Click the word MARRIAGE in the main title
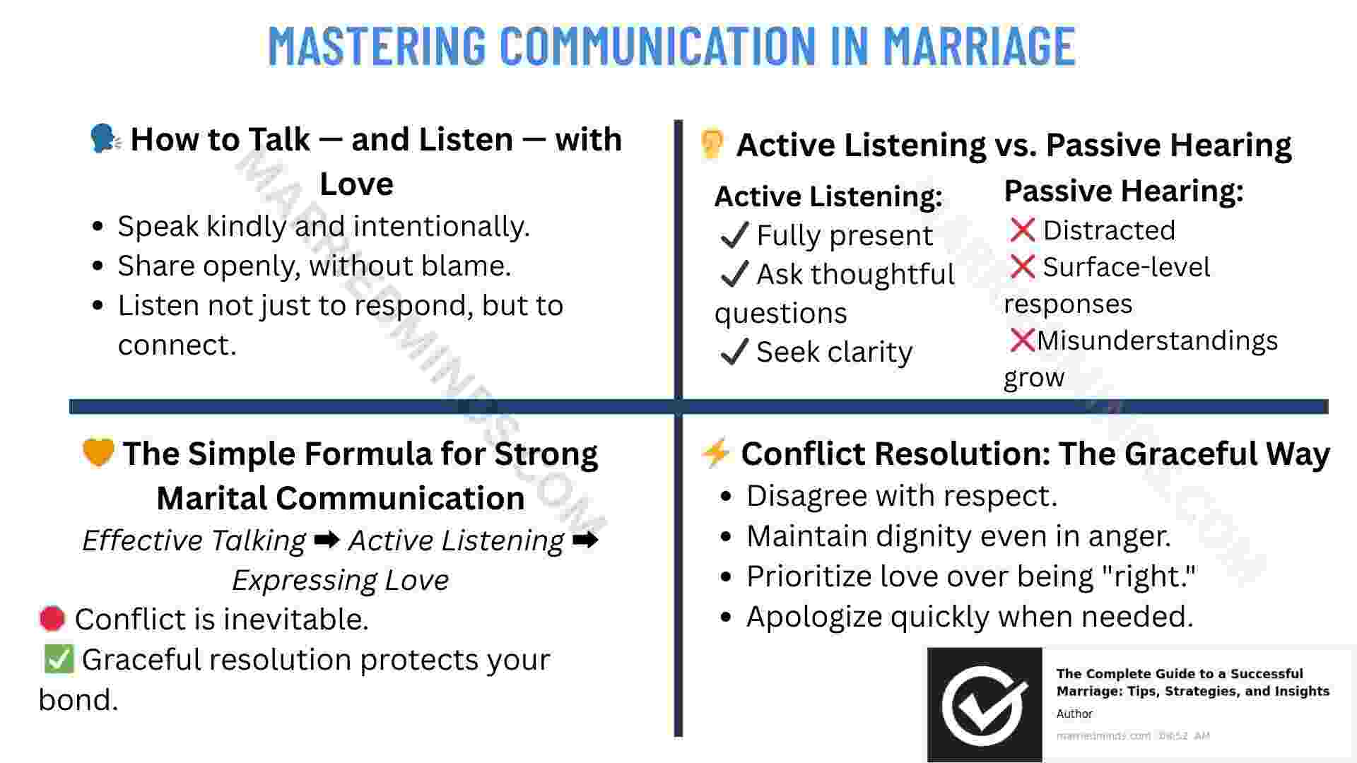[x=979, y=45]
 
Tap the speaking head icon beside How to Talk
[x=105, y=138]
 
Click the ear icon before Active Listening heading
[x=712, y=144]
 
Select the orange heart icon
[x=98, y=452]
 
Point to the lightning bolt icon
[x=715, y=453]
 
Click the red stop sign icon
[x=52, y=619]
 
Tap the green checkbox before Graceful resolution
[x=58, y=658]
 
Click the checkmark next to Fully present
[x=734, y=235]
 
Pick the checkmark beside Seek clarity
[x=734, y=351]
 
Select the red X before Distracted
[x=1022, y=230]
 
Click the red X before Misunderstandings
[x=1022, y=340]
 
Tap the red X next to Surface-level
[x=1022, y=266]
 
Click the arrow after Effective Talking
[x=327, y=540]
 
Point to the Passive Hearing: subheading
[x=1124, y=191]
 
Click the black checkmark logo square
[x=985, y=704]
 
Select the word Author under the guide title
[x=1074, y=714]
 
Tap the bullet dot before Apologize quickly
[x=726, y=617]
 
